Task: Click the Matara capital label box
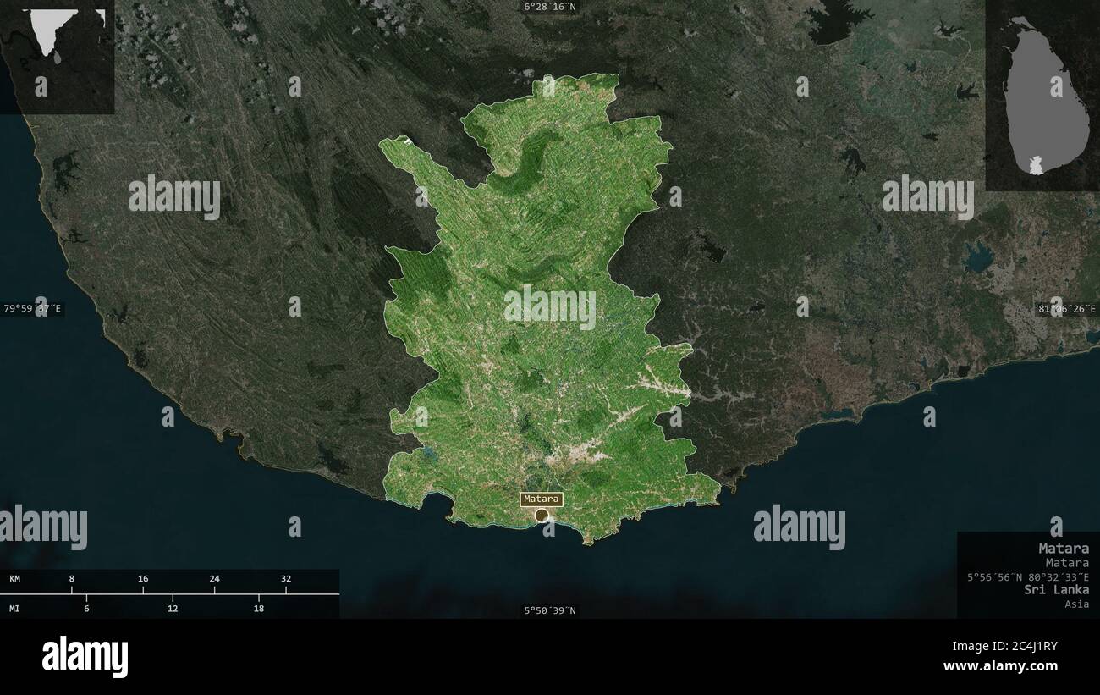point(542,499)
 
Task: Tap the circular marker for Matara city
point(542,515)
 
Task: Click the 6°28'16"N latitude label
point(549,7)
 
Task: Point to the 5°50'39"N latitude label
point(549,610)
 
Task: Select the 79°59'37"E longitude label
point(33,309)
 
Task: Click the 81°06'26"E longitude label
point(1067,309)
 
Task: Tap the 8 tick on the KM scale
point(72,579)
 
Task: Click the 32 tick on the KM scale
point(286,579)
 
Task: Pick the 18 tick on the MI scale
point(259,608)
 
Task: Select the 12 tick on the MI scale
point(173,608)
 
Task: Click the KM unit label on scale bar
point(15,579)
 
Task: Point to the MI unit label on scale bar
point(15,608)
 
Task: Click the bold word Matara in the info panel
point(1064,548)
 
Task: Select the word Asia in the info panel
point(1077,604)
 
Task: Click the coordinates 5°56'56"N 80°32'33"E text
point(1028,576)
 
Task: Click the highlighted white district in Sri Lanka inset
point(1036,165)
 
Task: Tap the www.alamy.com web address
point(1000,666)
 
